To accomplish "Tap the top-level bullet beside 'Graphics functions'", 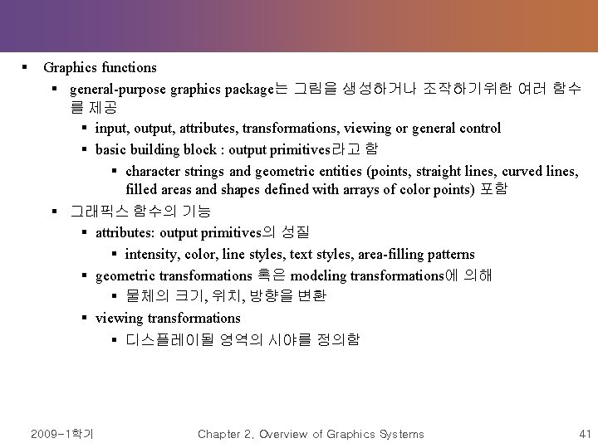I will (27, 67).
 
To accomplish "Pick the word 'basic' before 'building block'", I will (112, 149).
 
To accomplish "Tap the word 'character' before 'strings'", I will (154, 171).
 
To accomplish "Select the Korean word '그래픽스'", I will (95, 212).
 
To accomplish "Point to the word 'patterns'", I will (448, 254).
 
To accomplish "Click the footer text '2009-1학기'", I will (62, 434).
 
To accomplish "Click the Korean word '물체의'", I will (144, 296).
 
